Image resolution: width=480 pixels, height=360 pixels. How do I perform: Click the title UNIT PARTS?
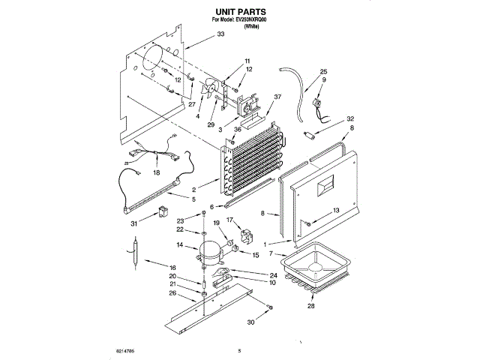click(240, 13)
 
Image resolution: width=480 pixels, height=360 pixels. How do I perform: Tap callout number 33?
click(220, 34)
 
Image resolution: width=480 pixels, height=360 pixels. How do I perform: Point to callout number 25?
click(323, 71)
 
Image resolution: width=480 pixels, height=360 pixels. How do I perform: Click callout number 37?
click(277, 97)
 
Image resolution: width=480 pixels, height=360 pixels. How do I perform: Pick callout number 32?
click(350, 118)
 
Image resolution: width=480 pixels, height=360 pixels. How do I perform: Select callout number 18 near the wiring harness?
click(157, 172)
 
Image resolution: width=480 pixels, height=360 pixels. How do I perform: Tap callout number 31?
click(133, 223)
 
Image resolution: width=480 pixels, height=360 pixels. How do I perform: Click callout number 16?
click(172, 267)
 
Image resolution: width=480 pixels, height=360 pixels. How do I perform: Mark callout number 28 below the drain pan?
click(310, 306)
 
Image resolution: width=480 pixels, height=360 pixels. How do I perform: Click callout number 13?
click(336, 210)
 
